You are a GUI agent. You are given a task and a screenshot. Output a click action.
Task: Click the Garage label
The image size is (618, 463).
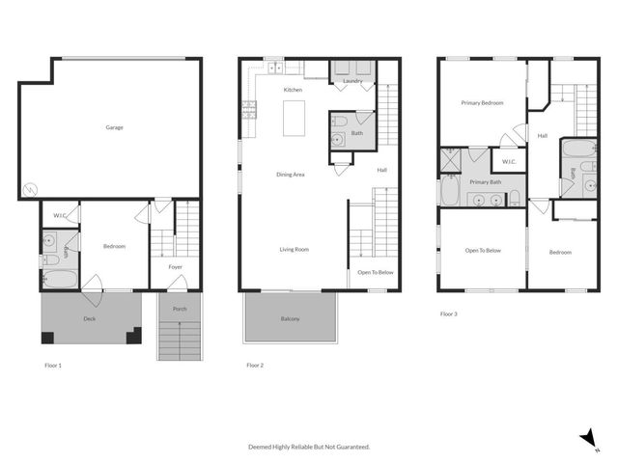115,127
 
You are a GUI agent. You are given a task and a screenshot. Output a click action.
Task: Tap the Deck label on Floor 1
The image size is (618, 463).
89,318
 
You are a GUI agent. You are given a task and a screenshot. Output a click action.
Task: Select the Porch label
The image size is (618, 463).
180,309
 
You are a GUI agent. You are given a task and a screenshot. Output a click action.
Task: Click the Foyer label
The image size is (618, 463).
176,267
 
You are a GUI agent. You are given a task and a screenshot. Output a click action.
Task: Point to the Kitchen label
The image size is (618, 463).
293,90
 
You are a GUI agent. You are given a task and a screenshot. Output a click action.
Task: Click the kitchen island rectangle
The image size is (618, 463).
295,120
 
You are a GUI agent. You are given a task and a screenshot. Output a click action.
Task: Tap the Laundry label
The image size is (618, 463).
351,81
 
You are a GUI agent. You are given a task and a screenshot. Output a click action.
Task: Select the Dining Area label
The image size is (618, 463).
291,175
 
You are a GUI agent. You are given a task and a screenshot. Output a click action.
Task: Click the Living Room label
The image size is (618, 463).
295,250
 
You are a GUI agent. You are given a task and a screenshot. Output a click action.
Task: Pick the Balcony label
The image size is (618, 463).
290,319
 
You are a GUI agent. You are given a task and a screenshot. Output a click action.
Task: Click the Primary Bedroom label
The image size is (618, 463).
481,103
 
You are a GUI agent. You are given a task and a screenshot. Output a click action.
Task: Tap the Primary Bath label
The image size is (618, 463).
486,181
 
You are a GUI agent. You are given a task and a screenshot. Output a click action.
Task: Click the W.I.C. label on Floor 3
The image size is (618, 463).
509,161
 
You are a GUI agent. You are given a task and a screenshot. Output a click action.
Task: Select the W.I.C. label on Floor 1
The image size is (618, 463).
60,214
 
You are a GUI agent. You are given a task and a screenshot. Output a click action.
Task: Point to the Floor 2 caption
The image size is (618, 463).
255,366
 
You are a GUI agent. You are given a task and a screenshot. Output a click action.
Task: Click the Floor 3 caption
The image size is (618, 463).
449,313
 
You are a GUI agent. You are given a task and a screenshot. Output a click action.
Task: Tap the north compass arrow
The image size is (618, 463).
587,438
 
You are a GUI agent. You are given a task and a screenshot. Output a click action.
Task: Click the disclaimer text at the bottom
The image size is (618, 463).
309,447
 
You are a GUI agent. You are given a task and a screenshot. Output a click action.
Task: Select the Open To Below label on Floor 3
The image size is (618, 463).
483,251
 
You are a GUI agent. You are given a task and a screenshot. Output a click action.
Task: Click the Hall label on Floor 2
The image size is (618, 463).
381,171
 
